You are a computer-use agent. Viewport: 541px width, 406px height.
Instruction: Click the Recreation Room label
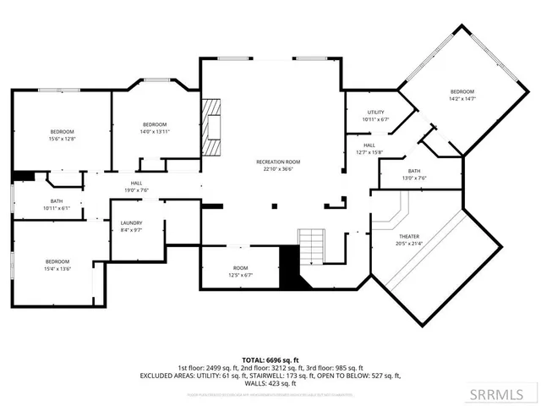278,161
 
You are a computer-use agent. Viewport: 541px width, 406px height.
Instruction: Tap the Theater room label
409,236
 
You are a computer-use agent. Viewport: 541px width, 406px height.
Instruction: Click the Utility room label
376,112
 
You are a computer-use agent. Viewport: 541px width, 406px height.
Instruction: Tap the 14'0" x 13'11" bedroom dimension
155,131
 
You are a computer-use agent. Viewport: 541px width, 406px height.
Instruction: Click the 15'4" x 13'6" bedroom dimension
57,269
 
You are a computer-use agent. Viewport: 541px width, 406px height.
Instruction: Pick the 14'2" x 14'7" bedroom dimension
462,99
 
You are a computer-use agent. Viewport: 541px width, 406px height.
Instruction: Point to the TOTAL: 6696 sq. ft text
270,359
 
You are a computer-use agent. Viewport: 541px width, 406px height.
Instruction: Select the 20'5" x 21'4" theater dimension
409,244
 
